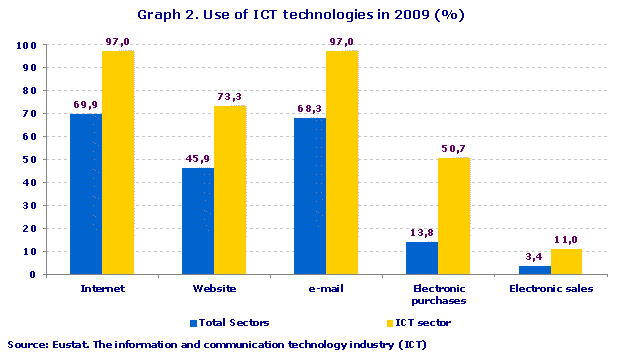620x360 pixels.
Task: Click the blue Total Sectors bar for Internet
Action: [85, 194]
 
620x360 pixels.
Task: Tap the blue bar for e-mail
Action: [309, 196]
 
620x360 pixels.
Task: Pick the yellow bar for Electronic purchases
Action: [453, 216]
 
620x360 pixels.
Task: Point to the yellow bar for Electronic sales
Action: [565, 262]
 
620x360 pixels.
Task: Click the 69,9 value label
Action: [86, 104]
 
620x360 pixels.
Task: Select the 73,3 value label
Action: [229, 96]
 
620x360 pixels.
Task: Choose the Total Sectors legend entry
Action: [230, 322]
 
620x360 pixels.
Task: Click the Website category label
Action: [213, 289]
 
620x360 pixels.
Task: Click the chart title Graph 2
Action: [309, 15]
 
